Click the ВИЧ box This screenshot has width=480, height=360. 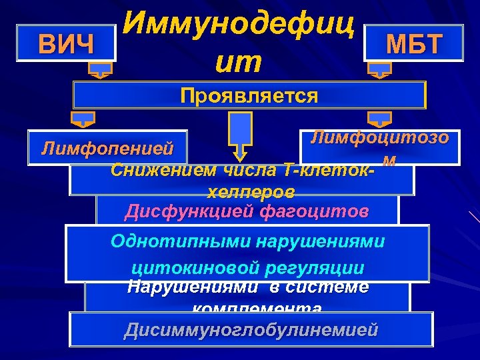point(67,44)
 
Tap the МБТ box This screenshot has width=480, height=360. point(414,44)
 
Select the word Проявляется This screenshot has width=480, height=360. point(249,96)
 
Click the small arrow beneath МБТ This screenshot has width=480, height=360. point(380,69)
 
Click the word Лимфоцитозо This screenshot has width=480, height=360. point(380,139)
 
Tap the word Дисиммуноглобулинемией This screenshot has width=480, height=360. point(251,329)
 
